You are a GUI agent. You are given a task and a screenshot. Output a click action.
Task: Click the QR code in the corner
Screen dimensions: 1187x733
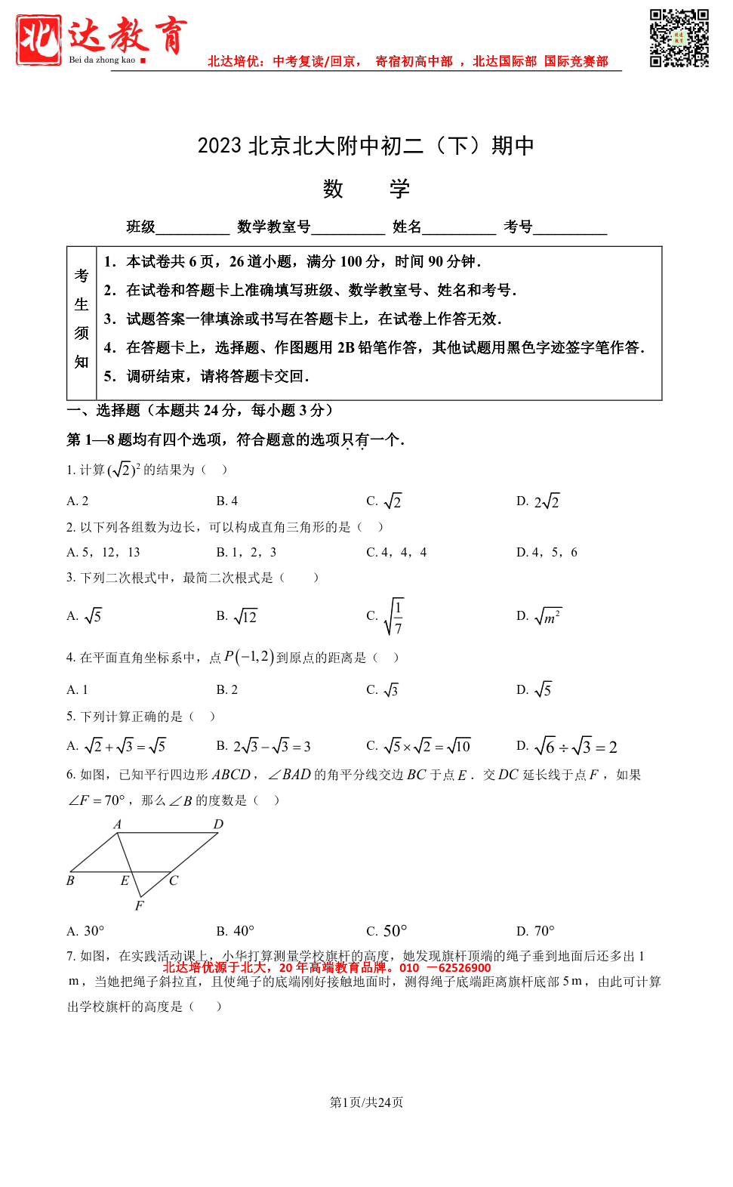pos(679,38)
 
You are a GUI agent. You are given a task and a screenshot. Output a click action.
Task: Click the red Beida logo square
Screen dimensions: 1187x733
pos(38,40)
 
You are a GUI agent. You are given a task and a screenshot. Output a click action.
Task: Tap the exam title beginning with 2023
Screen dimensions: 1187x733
pos(365,145)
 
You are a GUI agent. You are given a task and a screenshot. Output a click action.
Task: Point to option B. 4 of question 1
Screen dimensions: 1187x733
pos(227,501)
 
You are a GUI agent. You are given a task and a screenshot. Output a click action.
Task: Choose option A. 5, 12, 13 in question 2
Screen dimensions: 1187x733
pos(103,552)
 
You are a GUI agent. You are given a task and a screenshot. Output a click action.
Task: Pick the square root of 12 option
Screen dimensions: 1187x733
pos(238,616)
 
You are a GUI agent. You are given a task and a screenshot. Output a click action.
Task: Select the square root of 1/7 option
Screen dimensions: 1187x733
pos(386,616)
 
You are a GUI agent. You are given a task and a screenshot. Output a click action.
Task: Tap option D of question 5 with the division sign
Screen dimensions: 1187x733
pos(567,747)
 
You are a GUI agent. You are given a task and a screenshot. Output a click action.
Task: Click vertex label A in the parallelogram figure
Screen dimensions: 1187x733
pos(117,824)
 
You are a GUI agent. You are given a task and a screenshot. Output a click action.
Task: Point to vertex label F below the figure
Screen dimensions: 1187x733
pos(139,905)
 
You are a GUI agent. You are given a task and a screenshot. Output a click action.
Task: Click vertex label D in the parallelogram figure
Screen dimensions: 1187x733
pos(218,824)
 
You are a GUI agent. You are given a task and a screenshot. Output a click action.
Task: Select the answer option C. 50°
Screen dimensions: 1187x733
pos(387,931)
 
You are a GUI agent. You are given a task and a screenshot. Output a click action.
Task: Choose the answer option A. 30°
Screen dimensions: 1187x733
pos(85,931)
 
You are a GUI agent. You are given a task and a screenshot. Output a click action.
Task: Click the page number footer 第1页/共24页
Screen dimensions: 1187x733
pos(366,1102)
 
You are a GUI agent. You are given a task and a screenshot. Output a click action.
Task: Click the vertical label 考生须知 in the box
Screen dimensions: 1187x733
pos(82,319)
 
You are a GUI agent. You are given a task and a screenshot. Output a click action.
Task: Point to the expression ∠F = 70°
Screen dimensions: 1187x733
pos(97,800)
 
